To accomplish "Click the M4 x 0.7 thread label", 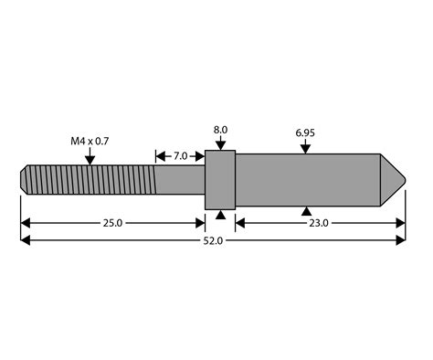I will (90, 142).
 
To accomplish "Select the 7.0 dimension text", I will (179, 156).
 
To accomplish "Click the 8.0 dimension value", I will (220, 131).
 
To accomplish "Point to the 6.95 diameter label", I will (305, 133).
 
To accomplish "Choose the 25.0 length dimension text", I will (112, 223).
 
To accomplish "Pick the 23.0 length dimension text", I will (318, 223).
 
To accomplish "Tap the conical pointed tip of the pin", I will (393, 179).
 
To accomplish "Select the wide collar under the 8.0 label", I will (220, 179).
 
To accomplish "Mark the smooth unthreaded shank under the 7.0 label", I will (180, 178).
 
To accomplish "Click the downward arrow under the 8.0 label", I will (220, 144).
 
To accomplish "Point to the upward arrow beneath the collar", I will (220, 213).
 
